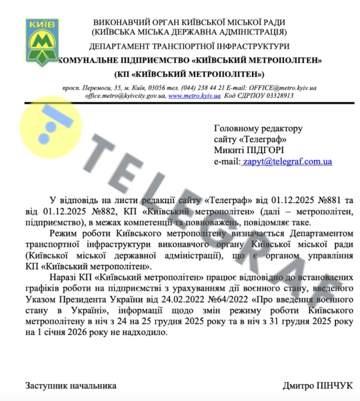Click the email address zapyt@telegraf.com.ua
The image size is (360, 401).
287,162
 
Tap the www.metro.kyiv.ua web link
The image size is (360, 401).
194,96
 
